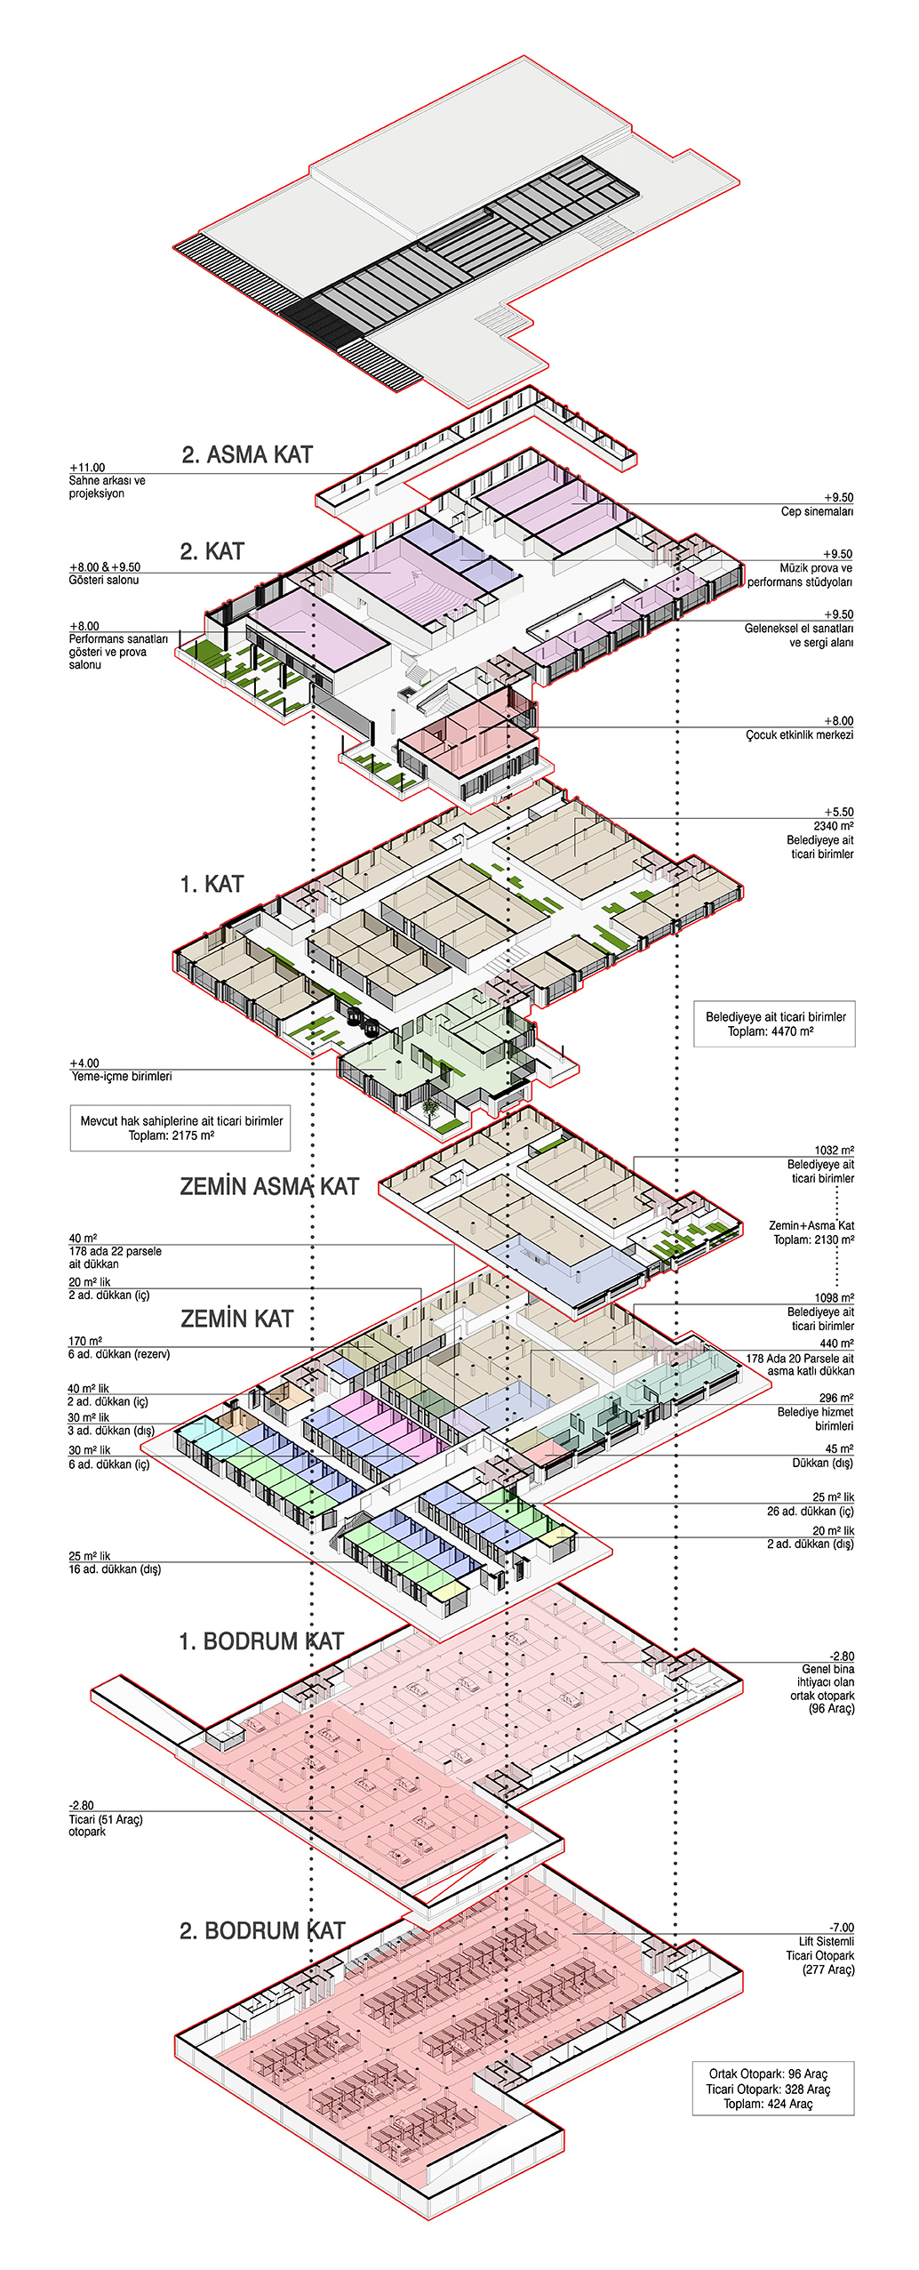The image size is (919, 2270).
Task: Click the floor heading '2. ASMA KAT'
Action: coord(247,455)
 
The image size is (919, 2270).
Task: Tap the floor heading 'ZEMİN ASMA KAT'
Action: coord(269,1187)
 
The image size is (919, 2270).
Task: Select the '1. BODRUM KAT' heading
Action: coord(261,1641)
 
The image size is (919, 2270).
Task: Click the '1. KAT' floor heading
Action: coord(212,885)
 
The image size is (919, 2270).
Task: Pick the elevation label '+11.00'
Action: coord(87,468)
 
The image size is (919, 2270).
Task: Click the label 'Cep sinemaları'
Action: coord(817,511)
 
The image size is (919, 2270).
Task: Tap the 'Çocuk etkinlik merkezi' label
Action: coord(800,734)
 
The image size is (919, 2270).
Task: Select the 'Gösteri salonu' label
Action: coord(104,580)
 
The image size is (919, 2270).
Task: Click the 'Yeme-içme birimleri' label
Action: coord(122,1076)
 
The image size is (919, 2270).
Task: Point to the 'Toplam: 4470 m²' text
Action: coord(771,1031)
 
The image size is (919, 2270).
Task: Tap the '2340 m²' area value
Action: coord(834,826)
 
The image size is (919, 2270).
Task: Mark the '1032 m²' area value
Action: coord(835,1151)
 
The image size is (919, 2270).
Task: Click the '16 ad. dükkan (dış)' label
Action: coord(115,1569)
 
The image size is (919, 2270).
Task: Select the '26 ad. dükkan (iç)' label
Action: coord(811,1512)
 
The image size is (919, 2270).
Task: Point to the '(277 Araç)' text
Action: coord(828,1969)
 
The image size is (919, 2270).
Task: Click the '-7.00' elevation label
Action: coord(842,1928)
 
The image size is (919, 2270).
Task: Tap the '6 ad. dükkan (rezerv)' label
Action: coord(119,1354)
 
